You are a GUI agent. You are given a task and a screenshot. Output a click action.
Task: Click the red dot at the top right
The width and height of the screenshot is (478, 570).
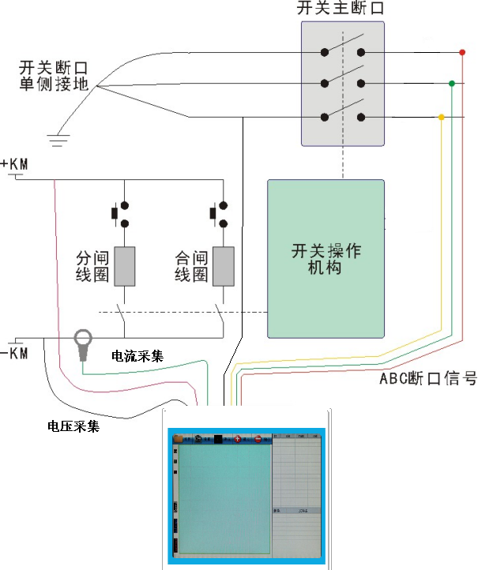[462, 53]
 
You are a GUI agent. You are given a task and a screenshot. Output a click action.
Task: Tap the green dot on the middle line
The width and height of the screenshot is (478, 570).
[451, 83]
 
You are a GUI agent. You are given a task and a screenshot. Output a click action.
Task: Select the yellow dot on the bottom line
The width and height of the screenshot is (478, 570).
[441, 118]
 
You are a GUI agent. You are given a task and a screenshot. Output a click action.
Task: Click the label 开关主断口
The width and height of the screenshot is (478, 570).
[342, 10]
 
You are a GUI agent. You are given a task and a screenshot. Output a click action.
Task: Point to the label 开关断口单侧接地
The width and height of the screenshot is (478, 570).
[54, 74]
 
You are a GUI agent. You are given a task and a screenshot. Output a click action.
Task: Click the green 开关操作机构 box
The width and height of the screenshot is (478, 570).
[326, 259]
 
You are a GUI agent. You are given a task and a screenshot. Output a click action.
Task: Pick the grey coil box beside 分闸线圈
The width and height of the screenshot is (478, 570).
[125, 266]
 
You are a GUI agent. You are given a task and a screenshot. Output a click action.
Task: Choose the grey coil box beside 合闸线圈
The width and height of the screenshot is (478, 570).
[224, 266]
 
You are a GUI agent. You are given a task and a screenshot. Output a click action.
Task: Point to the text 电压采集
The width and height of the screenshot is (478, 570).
[73, 427]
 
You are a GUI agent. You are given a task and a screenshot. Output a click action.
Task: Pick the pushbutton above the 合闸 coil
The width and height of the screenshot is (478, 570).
[220, 213]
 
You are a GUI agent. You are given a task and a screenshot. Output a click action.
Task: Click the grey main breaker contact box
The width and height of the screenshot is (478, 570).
[343, 83]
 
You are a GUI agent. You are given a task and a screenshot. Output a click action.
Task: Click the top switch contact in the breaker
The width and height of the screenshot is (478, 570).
[343, 52]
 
